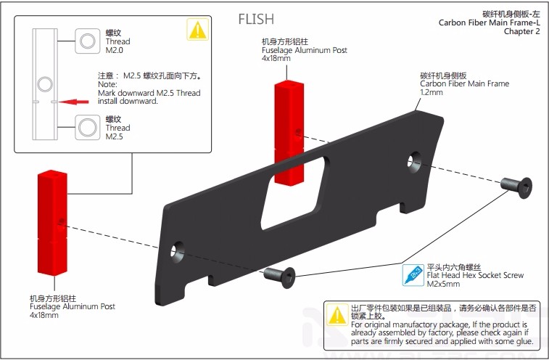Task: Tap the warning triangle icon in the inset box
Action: [x=197, y=30]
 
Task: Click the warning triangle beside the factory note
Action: [x=337, y=315]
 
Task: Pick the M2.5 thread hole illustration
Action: [x=88, y=128]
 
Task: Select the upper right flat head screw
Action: [x=519, y=186]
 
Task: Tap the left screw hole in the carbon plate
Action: [x=177, y=252]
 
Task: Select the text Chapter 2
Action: [x=521, y=32]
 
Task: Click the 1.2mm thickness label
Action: [x=432, y=92]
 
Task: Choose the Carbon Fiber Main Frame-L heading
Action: [x=489, y=22]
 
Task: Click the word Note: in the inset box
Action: [x=107, y=84]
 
